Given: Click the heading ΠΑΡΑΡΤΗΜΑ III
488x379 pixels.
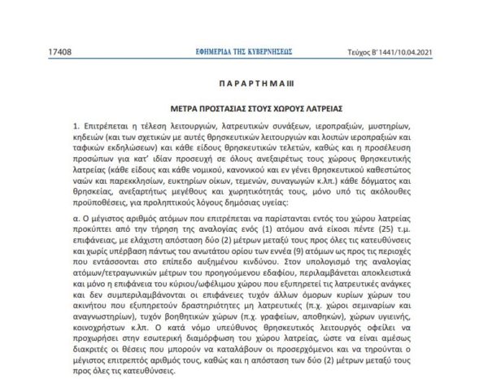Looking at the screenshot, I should click(243, 83).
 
